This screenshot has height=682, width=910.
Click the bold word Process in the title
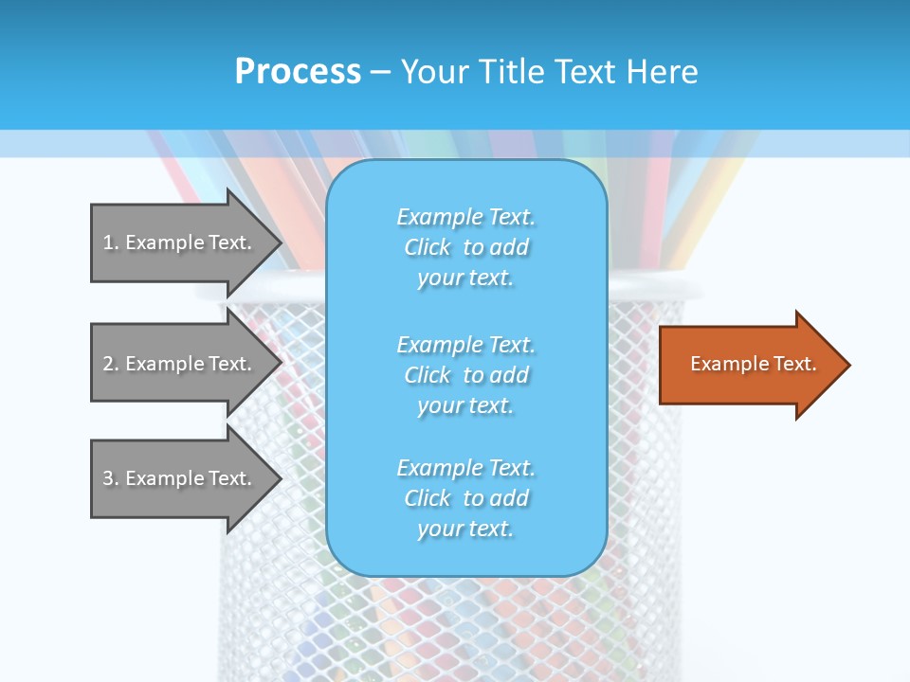[298, 72]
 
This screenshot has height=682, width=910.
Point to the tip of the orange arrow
[848, 365]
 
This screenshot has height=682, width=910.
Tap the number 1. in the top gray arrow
[111, 242]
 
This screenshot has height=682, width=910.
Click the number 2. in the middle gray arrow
[111, 364]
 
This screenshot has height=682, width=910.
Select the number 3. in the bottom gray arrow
[111, 478]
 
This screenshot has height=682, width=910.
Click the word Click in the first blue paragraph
[428, 247]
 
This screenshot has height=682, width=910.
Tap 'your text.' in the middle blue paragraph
[465, 405]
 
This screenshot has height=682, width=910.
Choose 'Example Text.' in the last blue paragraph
[465, 468]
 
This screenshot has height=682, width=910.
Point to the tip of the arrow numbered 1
[281, 242]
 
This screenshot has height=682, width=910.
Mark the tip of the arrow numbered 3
[281, 478]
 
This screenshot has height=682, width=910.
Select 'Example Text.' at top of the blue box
[465, 217]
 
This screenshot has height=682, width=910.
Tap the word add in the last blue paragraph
[509, 498]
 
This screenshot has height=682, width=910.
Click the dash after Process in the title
[380, 72]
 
